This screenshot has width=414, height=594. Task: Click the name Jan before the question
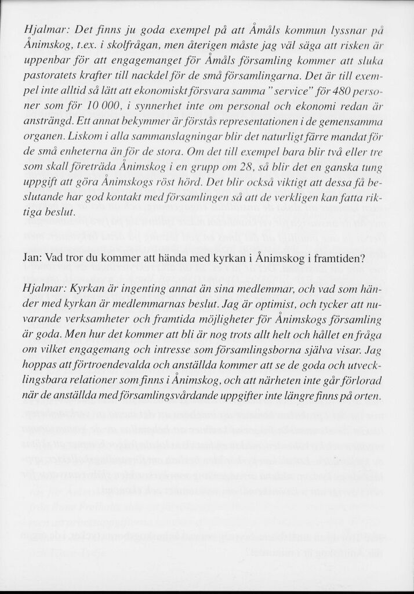(30, 258)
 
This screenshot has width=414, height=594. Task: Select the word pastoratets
(48, 76)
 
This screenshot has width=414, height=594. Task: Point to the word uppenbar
(46, 61)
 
